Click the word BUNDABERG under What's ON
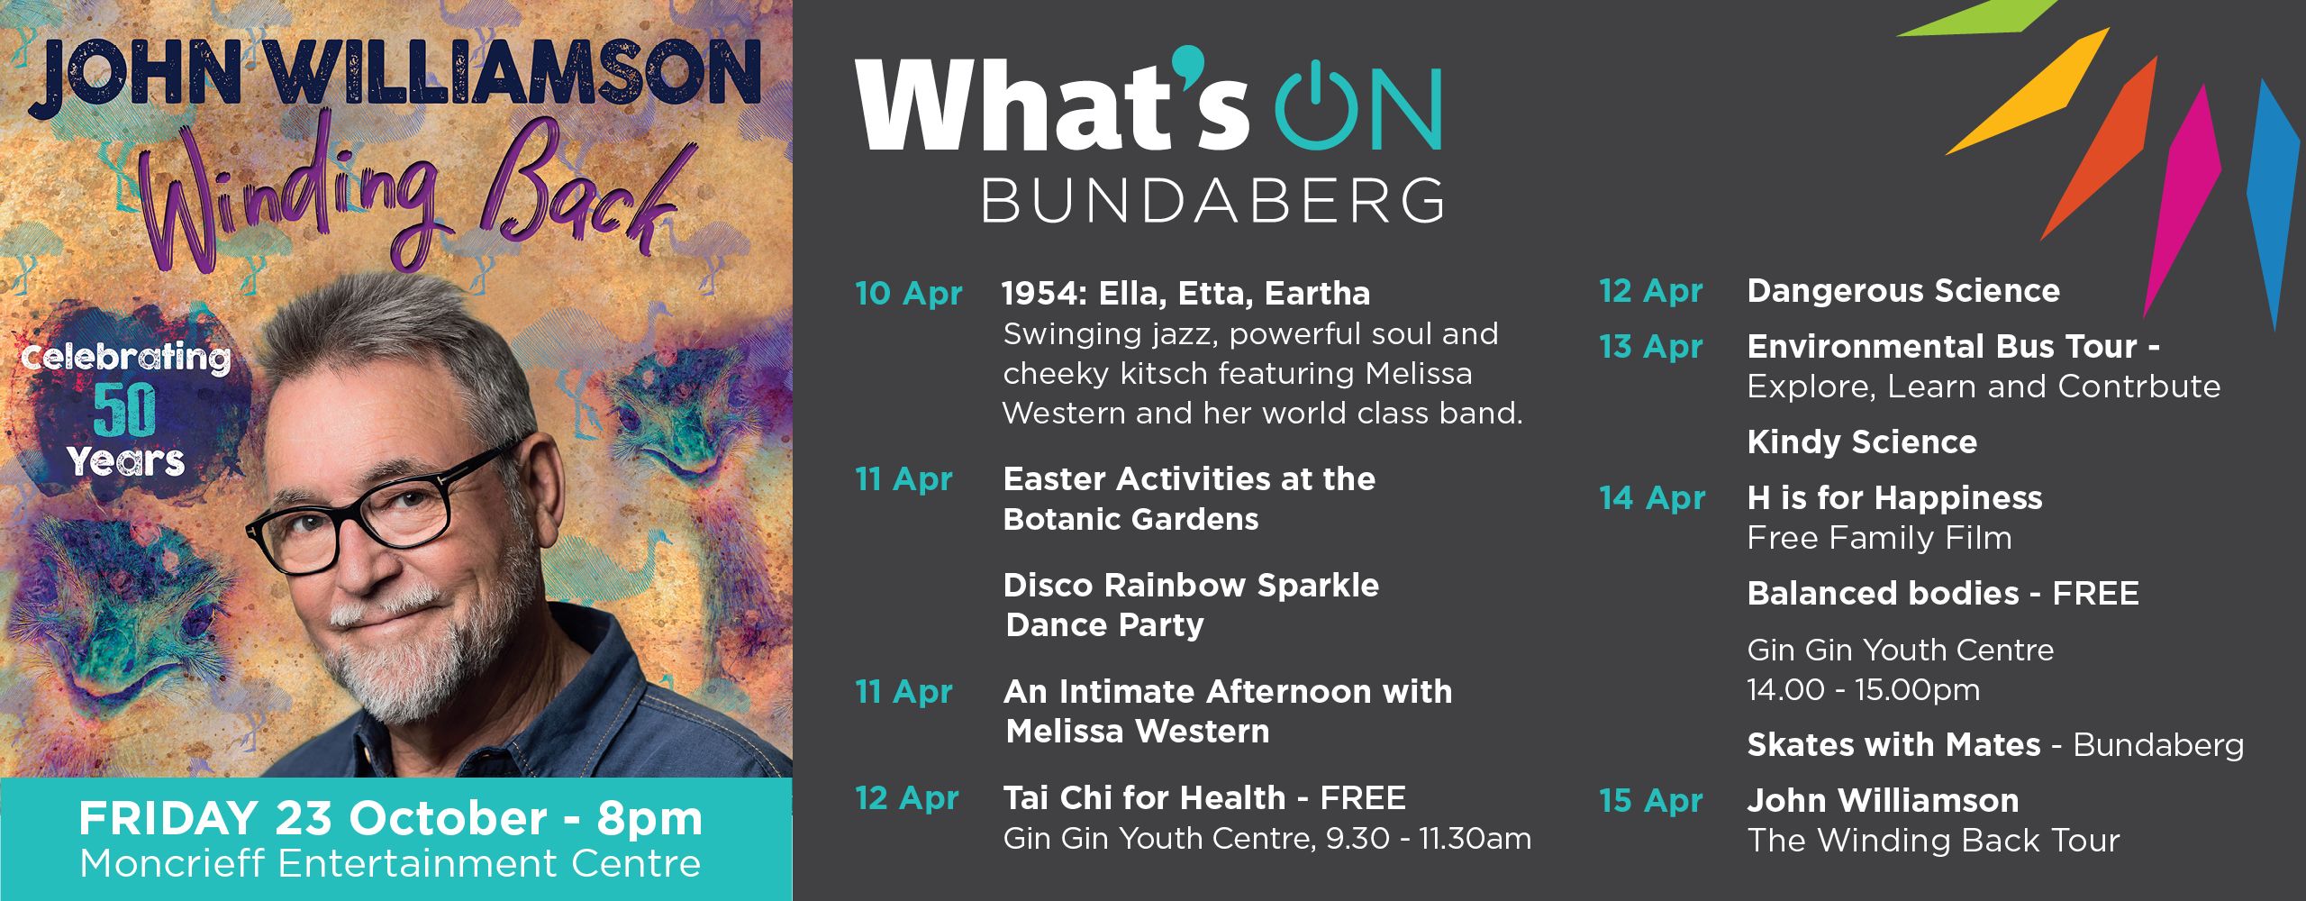tap(1212, 200)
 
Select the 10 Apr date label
tap(908, 294)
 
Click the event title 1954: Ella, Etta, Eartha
tap(1186, 293)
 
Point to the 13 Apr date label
tap(1651, 347)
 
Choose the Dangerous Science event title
tap(1903, 290)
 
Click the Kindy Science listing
tap(1862, 441)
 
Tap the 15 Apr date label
tap(1651, 800)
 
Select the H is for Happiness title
tap(1895, 497)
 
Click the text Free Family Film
tap(1879, 538)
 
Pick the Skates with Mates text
tap(1893, 744)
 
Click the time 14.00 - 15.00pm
tap(1864, 690)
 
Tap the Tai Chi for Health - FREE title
tap(1204, 797)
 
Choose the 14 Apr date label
tap(1653, 498)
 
